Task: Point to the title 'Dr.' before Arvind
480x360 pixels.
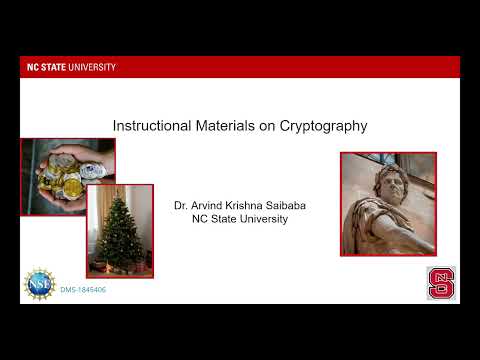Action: [181, 205]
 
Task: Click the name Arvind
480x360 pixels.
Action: [207, 205]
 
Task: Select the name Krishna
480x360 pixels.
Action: [245, 205]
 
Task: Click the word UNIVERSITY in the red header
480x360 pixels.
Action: [93, 67]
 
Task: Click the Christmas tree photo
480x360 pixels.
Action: [120, 230]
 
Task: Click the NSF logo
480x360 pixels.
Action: [40, 282]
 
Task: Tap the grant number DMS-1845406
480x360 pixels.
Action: [83, 289]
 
